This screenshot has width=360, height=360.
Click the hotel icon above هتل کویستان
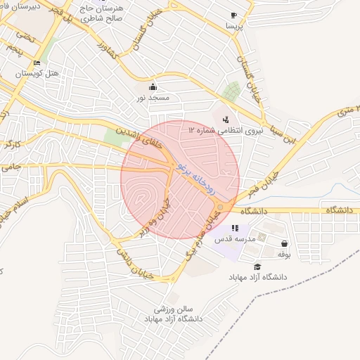tap(37, 64)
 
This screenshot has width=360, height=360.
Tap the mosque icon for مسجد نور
tap(153, 87)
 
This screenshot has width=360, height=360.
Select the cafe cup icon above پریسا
tap(233, 15)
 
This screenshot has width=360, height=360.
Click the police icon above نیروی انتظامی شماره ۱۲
tap(224, 119)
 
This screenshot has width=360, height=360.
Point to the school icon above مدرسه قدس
tap(235, 228)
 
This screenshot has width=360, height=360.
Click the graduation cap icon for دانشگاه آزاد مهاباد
tap(257, 267)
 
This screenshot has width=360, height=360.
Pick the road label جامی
tap(10, 167)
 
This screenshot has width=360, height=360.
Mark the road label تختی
tap(27, 34)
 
